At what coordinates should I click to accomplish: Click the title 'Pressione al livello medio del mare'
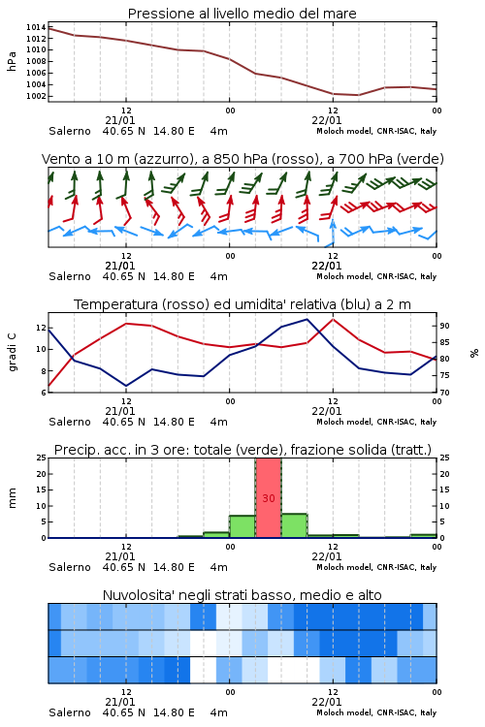click(x=242, y=14)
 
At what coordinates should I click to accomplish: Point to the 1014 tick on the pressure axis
click(x=36, y=27)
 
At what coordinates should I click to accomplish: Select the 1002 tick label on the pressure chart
click(x=36, y=96)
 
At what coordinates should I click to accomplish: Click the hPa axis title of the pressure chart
click(x=12, y=61)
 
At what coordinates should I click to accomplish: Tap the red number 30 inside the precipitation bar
click(x=269, y=498)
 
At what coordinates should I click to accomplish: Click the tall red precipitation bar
click(x=269, y=497)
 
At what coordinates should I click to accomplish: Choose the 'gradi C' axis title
click(x=12, y=353)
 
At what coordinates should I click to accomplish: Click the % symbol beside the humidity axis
click(x=474, y=353)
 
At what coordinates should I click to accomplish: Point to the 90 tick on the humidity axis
click(x=444, y=326)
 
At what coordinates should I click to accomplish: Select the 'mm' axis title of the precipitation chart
click(x=12, y=498)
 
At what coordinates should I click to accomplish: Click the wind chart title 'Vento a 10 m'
click(x=85, y=159)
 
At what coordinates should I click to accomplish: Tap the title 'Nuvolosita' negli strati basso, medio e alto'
click(x=242, y=595)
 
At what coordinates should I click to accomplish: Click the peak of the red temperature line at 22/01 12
click(x=333, y=319)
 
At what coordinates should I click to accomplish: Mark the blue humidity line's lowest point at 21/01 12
click(x=126, y=386)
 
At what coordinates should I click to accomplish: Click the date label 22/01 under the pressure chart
click(x=326, y=120)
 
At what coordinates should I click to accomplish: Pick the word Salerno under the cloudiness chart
click(x=70, y=712)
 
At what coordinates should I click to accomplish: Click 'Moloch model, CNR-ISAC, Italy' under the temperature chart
click(x=376, y=422)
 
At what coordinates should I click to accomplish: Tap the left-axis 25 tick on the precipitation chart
click(x=42, y=458)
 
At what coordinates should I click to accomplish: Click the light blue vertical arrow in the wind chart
click(x=333, y=231)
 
